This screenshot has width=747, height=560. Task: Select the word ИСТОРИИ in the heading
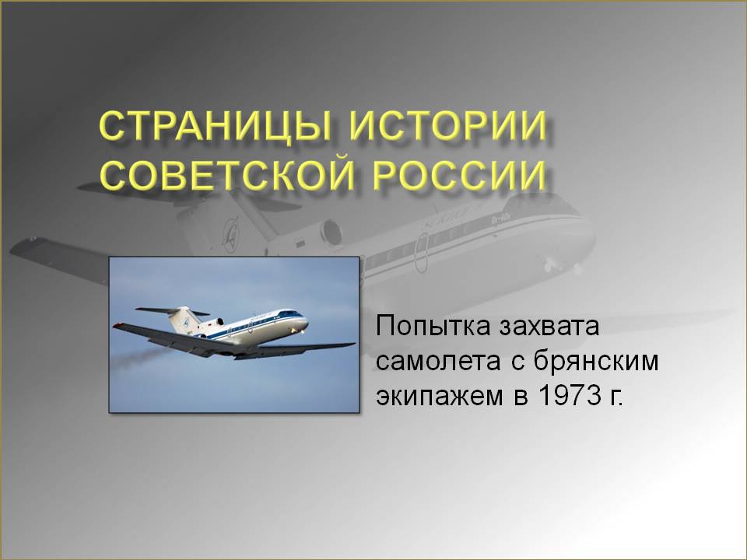pos(448,125)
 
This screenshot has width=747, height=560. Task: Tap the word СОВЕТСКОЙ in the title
pos(227,174)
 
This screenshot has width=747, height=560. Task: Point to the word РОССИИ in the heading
pos(459,174)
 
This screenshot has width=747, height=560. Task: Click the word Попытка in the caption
pos(433,326)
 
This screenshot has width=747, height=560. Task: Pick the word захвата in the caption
pos(549,326)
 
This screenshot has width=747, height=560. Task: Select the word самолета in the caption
pos(438,362)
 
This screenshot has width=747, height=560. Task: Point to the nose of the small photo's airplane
pos(305,321)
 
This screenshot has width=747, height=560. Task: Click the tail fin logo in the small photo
pos(186,321)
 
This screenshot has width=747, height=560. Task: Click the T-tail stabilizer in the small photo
pos(172,311)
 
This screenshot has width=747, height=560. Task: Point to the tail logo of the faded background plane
pos(231,233)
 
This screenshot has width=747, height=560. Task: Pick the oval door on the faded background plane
pos(421,252)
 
